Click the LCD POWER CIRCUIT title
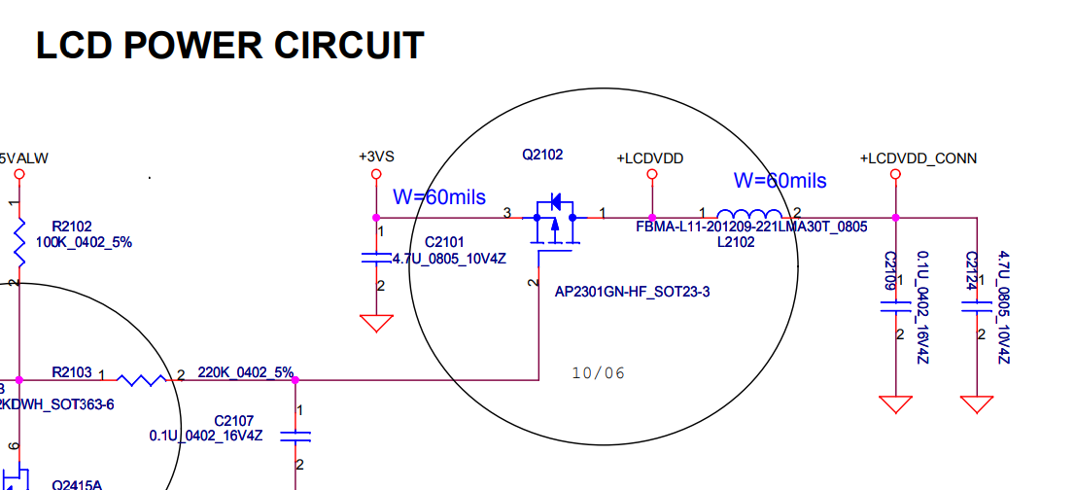229,46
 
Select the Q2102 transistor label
542,155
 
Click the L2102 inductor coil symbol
748,216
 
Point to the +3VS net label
376,157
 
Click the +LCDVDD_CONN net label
919,158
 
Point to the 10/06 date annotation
599,372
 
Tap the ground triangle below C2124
976,403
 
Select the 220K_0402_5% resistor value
245,372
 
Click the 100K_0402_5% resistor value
84,242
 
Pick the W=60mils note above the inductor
780,180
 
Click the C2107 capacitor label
233,420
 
